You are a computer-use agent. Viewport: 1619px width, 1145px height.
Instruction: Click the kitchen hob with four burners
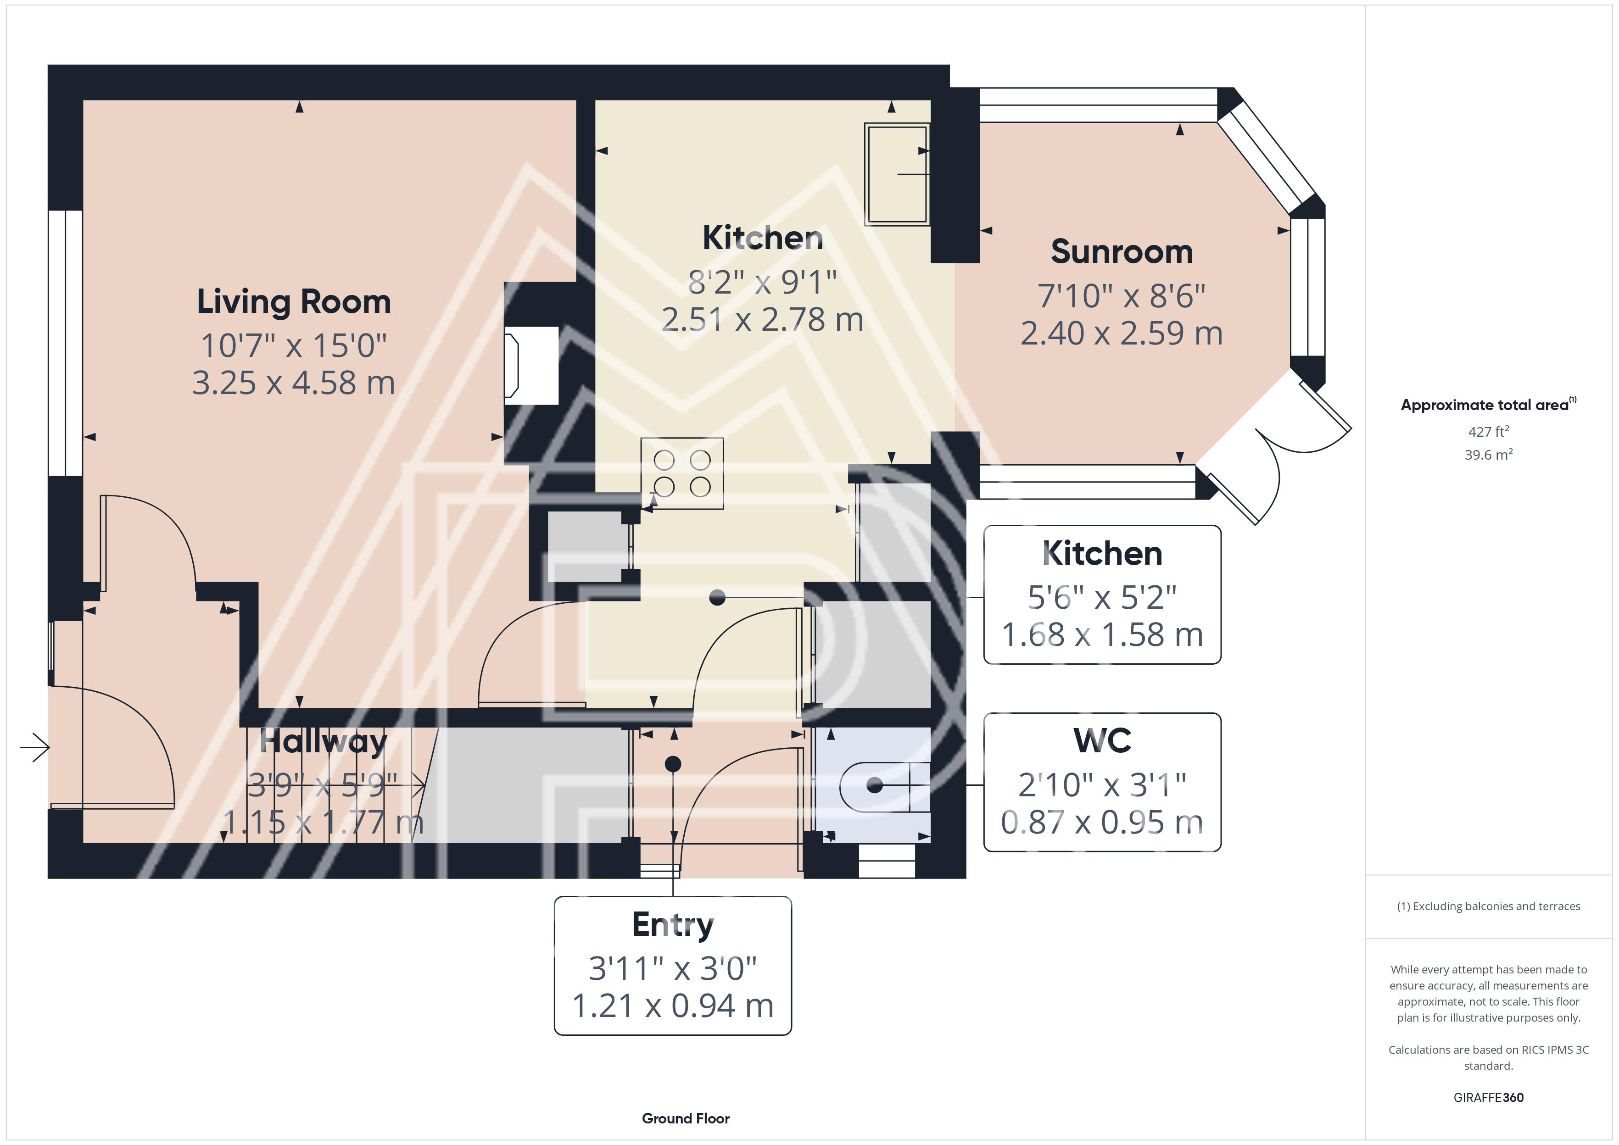click(682, 473)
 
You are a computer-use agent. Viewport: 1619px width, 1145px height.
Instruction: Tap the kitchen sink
click(897, 174)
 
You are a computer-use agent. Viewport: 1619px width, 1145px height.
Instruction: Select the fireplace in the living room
click(530, 365)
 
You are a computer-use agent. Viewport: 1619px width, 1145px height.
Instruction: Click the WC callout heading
click(1102, 740)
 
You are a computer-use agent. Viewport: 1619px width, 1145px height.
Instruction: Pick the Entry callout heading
click(673, 925)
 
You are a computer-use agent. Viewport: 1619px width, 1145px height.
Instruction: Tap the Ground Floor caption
click(686, 1118)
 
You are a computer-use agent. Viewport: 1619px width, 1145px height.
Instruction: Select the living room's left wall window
click(66, 343)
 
